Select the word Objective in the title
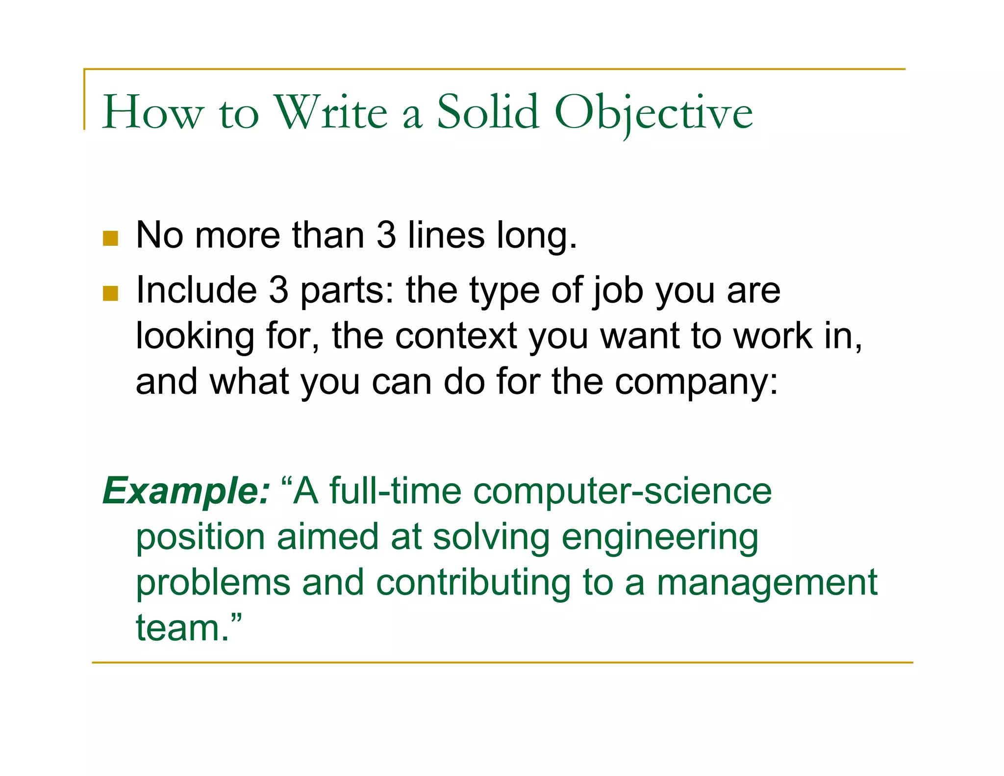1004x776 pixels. coord(653,114)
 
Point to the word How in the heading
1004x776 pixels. coord(152,113)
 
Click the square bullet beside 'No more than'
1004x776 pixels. coord(111,238)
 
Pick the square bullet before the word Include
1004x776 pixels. coord(111,293)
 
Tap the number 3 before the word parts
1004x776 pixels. coord(278,290)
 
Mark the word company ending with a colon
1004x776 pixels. coord(696,383)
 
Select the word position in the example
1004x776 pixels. coord(200,537)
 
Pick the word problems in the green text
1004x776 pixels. coord(213,583)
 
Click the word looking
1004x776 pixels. coord(195,337)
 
